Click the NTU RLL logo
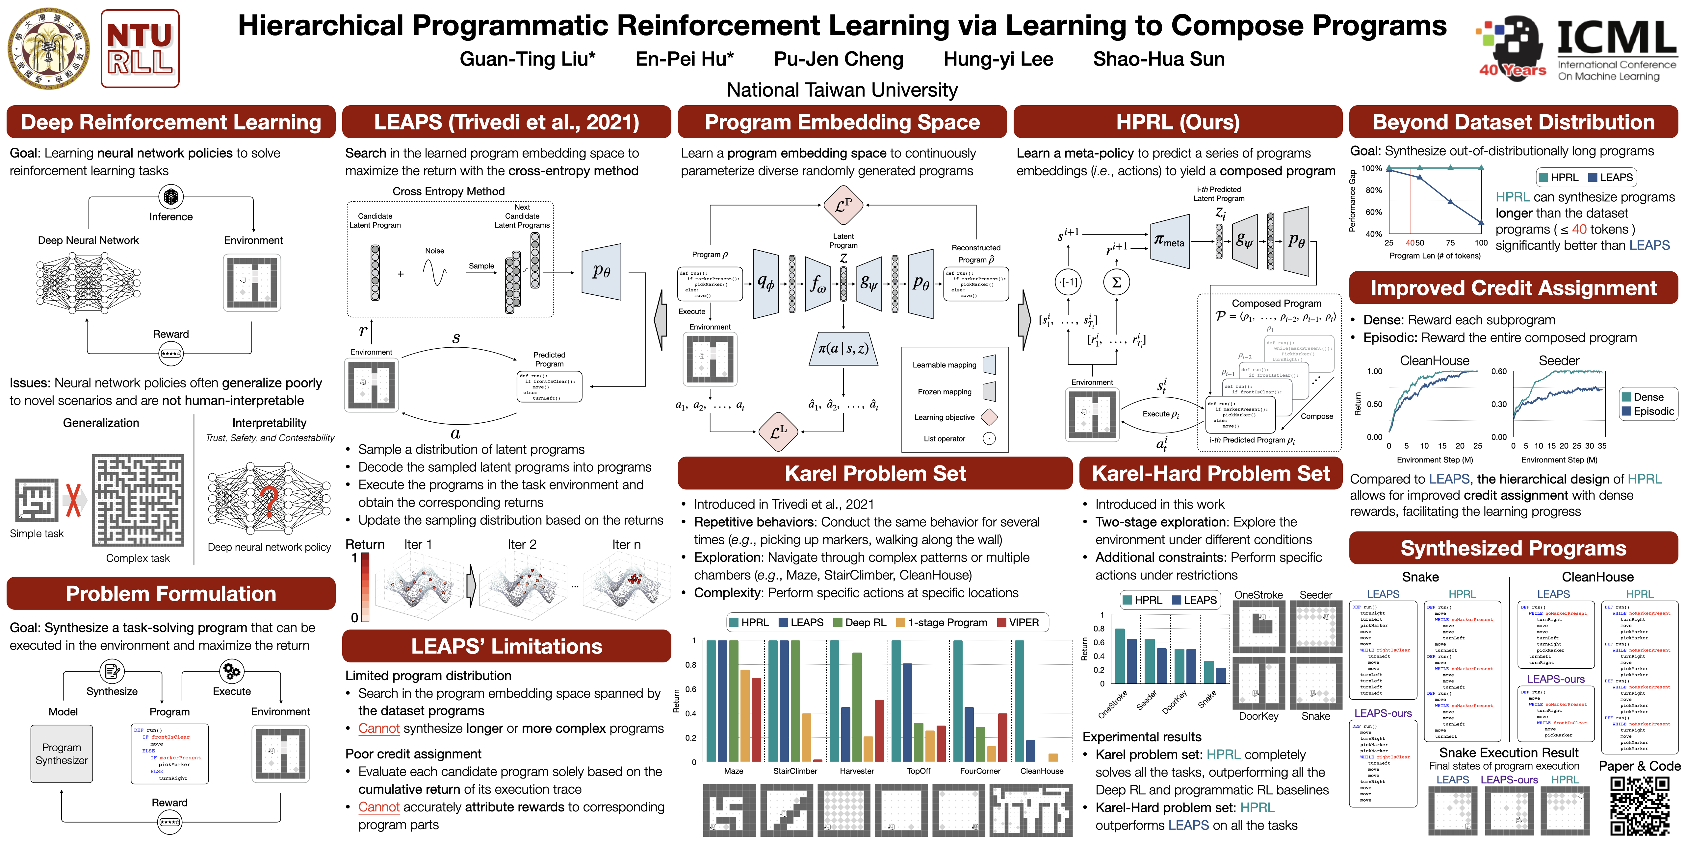pyautogui.click(x=140, y=49)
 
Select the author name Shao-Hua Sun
pyautogui.click(x=1158, y=60)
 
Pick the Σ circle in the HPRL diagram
pyautogui.click(x=1117, y=283)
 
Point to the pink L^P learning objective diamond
pyautogui.click(x=843, y=205)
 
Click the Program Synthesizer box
pyautogui.click(x=62, y=754)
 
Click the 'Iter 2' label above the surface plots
pyautogui.click(x=522, y=545)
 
